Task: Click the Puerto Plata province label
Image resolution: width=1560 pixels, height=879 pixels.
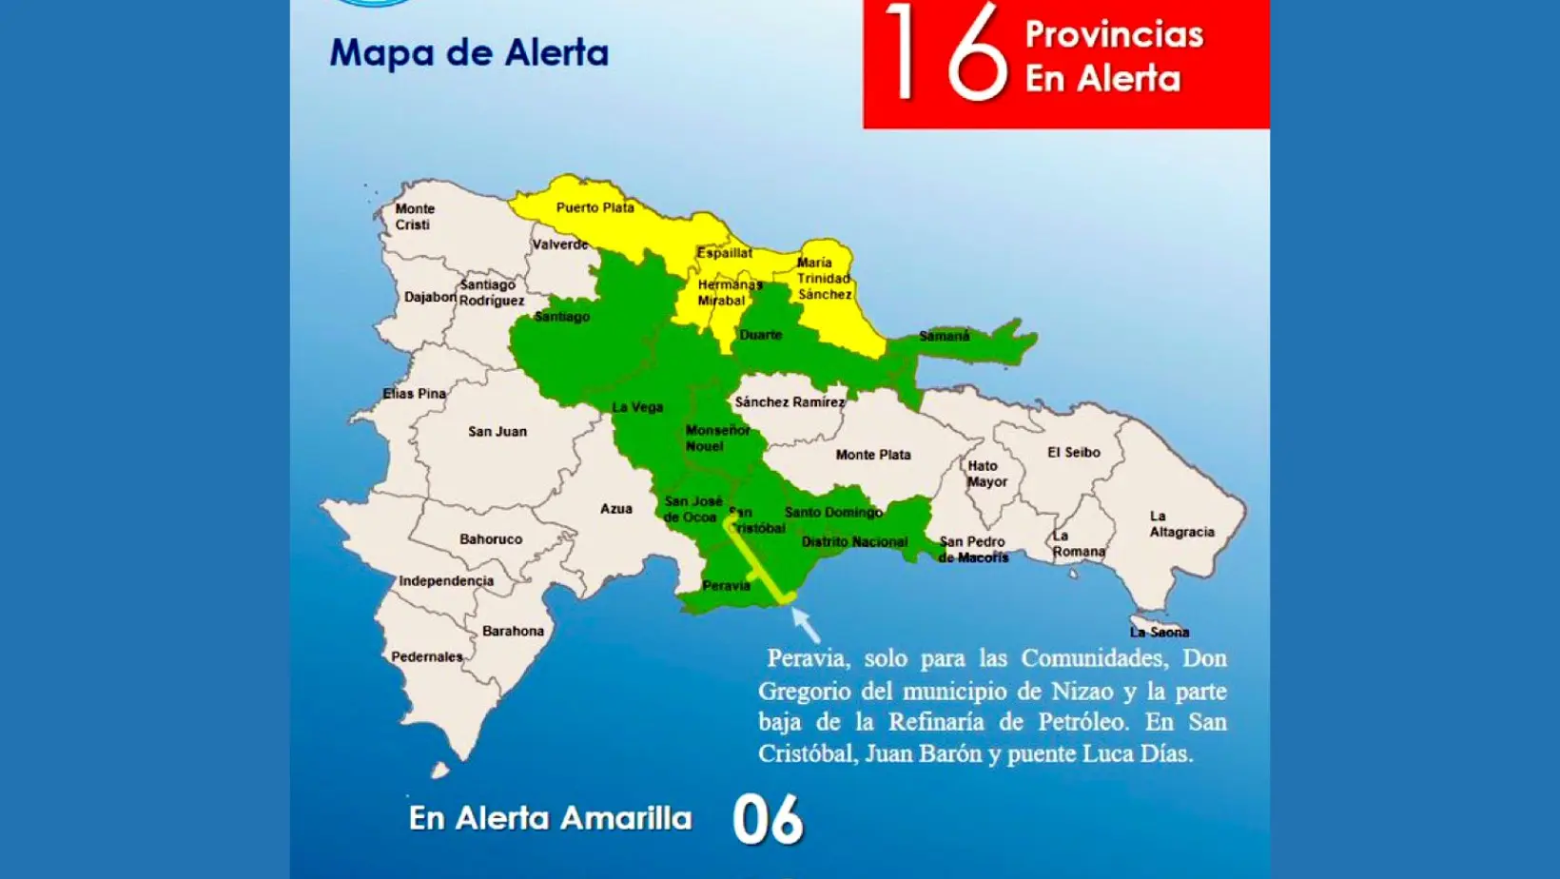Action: click(x=595, y=207)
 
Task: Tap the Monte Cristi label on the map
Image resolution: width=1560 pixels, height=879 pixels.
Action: click(x=414, y=217)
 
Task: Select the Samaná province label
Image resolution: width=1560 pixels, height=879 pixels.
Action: click(x=944, y=336)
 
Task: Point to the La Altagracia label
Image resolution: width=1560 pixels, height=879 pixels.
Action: click(x=1180, y=524)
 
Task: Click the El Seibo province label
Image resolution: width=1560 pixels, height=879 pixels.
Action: click(x=1073, y=453)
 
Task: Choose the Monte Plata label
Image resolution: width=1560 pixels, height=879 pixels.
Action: click(x=872, y=455)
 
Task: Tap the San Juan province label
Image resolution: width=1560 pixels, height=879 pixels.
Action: click(x=497, y=432)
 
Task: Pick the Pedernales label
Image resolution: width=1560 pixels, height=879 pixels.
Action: click(x=426, y=656)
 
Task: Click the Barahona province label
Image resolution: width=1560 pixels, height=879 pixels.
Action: click(x=513, y=631)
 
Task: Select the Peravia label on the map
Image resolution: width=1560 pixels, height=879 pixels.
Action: click(x=726, y=586)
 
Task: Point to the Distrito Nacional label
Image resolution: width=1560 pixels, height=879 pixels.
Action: click(x=853, y=542)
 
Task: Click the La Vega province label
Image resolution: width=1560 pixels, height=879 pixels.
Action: click(x=636, y=407)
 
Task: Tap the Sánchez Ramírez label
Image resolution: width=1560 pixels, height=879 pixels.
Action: click(x=789, y=402)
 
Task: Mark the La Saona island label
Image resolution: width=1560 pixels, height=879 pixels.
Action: click(x=1159, y=632)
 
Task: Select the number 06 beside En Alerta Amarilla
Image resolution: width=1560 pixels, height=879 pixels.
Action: click(x=768, y=820)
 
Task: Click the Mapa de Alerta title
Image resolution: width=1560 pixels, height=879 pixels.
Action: click(x=469, y=52)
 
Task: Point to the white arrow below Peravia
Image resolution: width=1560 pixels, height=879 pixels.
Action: click(x=805, y=624)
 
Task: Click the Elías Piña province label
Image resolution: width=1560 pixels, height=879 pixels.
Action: click(x=414, y=394)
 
